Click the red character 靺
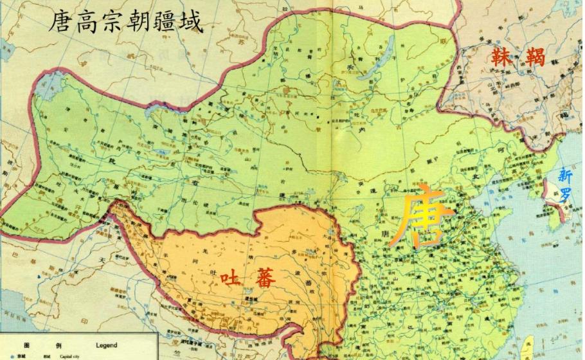[501, 57]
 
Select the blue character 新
[565, 174]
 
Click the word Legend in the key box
[106, 345]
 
